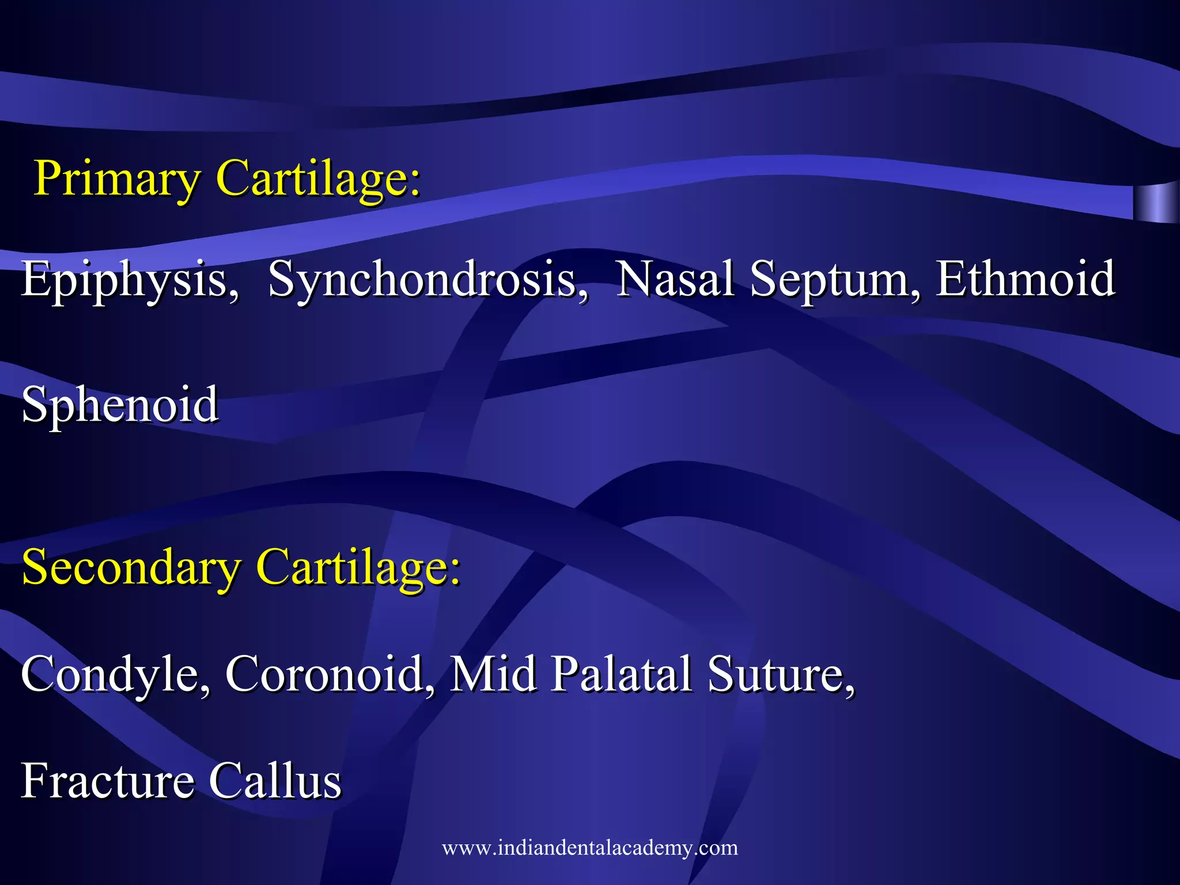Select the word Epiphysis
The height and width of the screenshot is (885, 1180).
[x=130, y=280]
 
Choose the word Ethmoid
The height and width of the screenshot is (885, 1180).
[x=1026, y=279]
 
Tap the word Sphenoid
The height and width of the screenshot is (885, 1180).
[x=120, y=405]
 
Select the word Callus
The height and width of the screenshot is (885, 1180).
[x=275, y=781]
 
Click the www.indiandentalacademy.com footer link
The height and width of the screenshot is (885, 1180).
[x=589, y=848]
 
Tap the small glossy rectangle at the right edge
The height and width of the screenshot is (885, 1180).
[x=1155, y=203]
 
